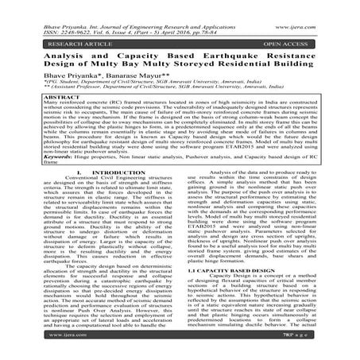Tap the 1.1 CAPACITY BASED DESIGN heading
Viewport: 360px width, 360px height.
coord(231,292)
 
